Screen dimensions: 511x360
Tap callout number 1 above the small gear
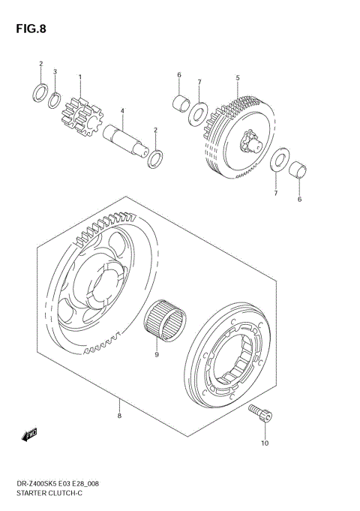pos(80,77)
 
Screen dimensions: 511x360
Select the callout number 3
pos(55,71)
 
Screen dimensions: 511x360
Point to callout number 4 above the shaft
pos(122,112)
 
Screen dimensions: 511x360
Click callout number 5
pos(237,77)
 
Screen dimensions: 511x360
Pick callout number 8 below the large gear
pos(119,413)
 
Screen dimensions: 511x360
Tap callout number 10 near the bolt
pos(264,443)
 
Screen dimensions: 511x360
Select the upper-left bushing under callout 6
pos(179,102)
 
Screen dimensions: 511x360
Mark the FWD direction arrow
pos(31,433)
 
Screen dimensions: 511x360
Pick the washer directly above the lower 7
pos(277,161)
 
